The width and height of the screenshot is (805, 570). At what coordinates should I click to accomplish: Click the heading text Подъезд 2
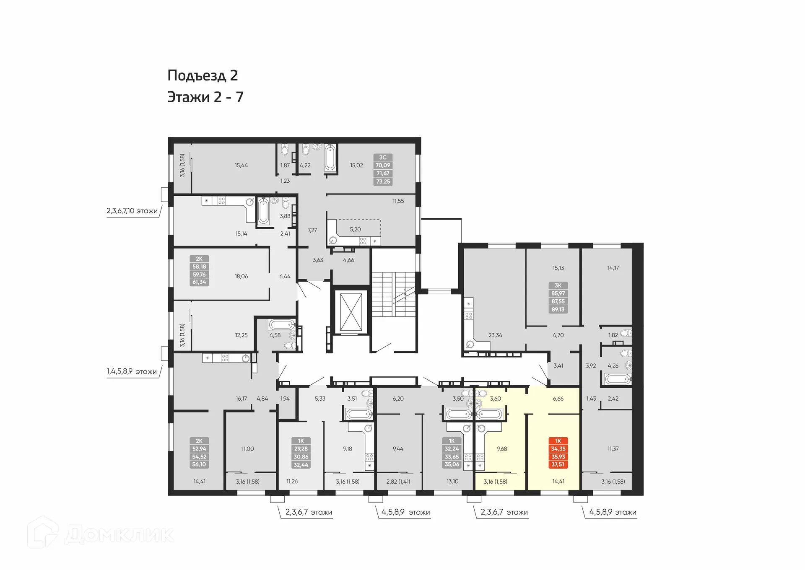203,75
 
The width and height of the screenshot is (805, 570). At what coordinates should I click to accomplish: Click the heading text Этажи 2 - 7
205,97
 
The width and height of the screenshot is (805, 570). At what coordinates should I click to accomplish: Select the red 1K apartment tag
558,453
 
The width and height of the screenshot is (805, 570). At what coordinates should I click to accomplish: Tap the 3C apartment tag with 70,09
383,169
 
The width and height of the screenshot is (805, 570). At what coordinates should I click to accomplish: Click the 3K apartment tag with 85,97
558,298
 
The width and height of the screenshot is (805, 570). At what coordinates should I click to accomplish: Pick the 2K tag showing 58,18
199,270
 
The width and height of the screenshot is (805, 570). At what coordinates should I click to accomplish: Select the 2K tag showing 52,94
199,453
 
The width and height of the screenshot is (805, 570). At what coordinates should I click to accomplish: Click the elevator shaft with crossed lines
351,312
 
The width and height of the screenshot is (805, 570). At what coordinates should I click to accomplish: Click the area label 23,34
495,335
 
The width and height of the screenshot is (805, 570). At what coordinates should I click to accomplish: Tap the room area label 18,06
241,277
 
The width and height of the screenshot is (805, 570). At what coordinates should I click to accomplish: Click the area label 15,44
241,166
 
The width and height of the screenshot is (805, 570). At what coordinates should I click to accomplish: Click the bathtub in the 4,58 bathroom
282,325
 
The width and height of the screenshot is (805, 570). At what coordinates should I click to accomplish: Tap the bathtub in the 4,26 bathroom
617,380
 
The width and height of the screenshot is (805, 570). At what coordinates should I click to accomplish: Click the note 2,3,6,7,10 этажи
132,211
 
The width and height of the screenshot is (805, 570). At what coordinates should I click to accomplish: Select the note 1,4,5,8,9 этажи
132,371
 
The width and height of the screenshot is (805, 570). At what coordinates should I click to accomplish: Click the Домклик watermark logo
101,534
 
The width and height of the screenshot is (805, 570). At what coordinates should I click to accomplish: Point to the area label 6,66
558,399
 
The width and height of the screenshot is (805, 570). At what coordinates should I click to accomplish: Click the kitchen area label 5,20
355,229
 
